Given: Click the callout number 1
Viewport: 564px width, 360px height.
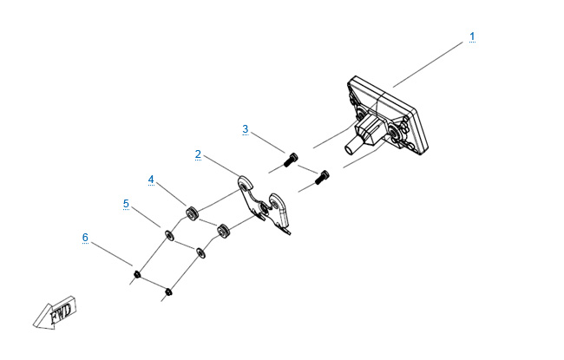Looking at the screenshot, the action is tap(472, 36).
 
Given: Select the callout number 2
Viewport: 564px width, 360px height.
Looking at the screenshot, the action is tap(198, 154).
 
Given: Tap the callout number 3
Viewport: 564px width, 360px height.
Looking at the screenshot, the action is tap(246, 129).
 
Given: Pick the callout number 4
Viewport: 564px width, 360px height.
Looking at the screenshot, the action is tap(151, 180).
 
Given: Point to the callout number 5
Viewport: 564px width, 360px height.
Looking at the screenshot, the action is tap(126, 204).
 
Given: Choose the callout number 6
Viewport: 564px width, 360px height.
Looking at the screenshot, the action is tap(85, 238).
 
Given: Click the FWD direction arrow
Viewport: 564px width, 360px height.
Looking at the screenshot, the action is tap(55, 312).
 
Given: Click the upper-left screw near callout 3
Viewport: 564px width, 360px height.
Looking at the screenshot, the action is tap(291, 160).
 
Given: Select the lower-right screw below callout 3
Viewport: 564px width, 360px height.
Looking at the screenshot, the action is tap(322, 177).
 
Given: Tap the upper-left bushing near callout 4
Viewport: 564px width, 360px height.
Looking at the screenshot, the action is tap(191, 213).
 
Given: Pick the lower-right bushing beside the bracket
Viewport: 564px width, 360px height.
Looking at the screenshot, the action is tap(223, 231).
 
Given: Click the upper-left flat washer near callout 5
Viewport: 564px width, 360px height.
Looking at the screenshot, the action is tap(168, 236).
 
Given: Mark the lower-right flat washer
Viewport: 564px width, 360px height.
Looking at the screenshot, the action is tap(200, 252).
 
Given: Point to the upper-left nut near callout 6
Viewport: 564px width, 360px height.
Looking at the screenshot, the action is tap(137, 274).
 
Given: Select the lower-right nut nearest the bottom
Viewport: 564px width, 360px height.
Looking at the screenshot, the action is tap(168, 291).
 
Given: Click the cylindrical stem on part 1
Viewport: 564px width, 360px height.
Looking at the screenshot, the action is tap(351, 147).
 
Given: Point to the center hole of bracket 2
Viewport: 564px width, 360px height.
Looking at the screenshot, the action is tap(264, 208).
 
